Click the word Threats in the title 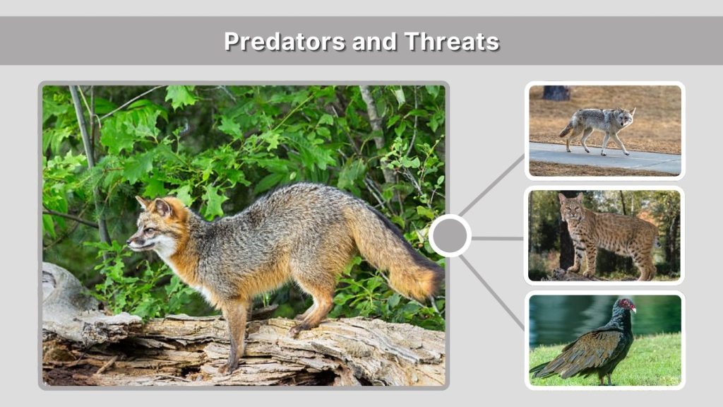pos(452,42)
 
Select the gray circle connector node pos(450,235)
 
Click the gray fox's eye pos(149,230)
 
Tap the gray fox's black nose pos(129,244)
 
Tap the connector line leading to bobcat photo pos(498,238)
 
